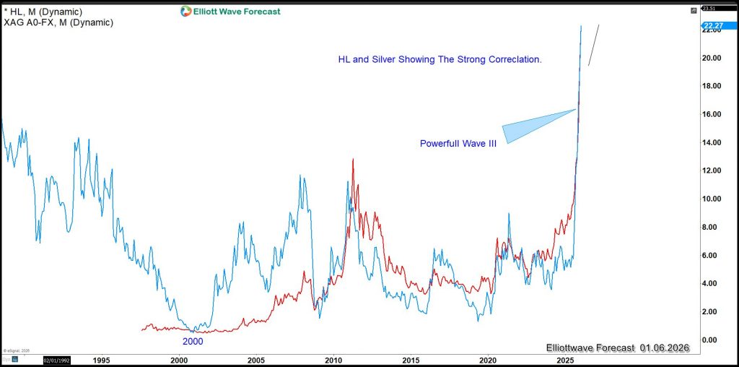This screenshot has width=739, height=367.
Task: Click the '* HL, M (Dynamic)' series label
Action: [x=43, y=12]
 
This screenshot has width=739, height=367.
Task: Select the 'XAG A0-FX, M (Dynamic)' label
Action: [x=58, y=22]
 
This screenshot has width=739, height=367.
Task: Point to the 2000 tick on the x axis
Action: [x=178, y=359]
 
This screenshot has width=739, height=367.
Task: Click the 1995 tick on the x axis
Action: [x=101, y=359]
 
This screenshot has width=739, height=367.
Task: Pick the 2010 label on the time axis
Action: [x=333, y=359]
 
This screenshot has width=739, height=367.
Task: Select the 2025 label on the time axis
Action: [x=564, y=359]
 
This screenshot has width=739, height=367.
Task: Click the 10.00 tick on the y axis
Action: [x=713, y=199]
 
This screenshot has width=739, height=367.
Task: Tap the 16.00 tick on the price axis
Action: [x=713, y=114]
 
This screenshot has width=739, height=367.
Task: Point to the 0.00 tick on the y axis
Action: [x=713, y=340]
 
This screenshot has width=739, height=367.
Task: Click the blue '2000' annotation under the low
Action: [x=192, y=341]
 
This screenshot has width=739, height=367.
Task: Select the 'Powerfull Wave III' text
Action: [x=458, y=144]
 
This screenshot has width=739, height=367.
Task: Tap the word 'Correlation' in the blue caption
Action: [x=514, y=59]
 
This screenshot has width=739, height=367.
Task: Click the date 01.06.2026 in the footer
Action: [x=665, y=348]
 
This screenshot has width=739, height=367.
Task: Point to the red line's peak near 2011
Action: [x=353, y=160]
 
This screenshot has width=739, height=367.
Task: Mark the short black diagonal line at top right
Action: [x=593, y=45]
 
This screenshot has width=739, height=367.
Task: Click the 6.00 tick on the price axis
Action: [x=713, y=255]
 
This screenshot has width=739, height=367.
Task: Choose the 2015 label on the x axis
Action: [x=410, y=359]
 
